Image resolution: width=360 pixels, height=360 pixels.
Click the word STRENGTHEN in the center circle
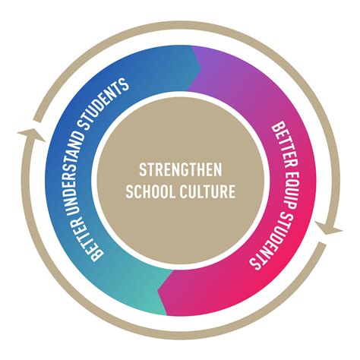pos(180,169)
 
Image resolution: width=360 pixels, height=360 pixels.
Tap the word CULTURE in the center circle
pos(207,191)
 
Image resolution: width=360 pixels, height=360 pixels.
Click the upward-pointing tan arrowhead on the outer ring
pos(32,134)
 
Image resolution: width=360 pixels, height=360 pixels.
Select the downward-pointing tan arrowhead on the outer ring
pos(328,229)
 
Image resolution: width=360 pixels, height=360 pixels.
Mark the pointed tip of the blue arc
pos(201,68)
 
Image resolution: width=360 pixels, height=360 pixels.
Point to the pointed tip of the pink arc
pos(158,291)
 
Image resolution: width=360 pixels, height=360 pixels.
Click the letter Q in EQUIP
pos(290,185)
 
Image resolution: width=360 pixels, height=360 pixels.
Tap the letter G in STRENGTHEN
pos(185,169)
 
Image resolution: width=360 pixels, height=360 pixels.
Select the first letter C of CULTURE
pos(184,191)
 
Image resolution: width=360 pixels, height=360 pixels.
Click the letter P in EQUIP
pos(288,205)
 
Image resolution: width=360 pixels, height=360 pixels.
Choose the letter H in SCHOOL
pos(147,191)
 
